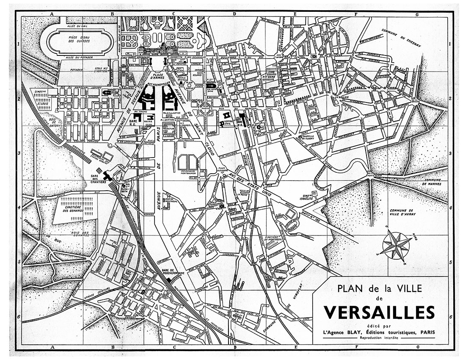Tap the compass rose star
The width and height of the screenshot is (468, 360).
396,245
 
